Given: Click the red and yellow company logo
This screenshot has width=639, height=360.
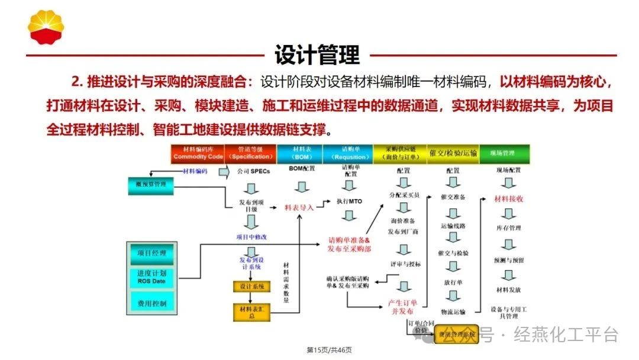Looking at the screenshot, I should pyautogui.click(x=46, y=26).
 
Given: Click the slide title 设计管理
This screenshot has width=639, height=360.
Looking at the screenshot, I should pyautogui.click(x=317, y=55).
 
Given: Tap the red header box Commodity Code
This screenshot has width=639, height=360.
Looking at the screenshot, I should pyautogui.click(x=198, y=153).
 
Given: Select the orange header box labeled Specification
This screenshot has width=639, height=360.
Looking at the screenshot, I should pyautogui.click(x=250, y=153).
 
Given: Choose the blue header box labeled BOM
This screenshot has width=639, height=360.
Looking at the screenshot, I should pyautogui.click(x=299, y=153).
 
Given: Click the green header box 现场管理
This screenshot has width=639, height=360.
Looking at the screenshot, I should pyautogui.click(x=504, y=153).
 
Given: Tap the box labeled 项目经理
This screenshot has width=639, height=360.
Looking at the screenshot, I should pyautogui.click(x=152, y=253).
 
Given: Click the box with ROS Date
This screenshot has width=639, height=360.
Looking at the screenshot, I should pyautogui.click(x=152, y=278).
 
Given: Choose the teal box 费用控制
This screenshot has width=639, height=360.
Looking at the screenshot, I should pyautogui.click(x=152, y=303).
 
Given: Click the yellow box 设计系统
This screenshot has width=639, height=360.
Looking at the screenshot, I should pyautogui.click(x=252, y=287).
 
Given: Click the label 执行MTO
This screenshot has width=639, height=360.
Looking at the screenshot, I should pyautogui.click(x=349, y=201).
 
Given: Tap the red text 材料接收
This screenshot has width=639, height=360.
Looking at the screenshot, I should pyautogui.click(x=509, y=199).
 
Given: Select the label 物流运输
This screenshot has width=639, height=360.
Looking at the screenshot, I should pyautogui.click(x=453, y=311).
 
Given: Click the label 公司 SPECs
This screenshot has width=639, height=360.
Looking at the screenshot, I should pyautogui.click(x=253, y=172).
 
